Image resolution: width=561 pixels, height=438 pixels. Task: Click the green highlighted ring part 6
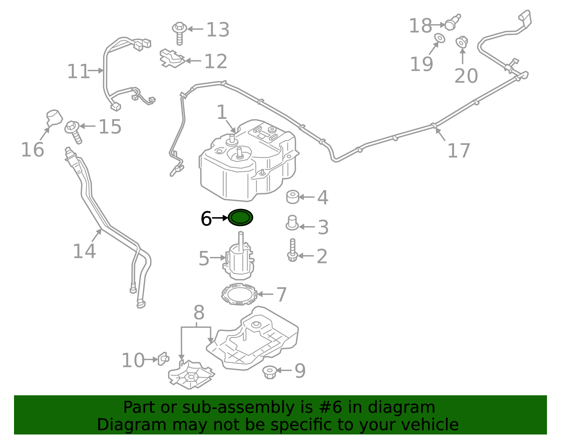(x=241, y=218)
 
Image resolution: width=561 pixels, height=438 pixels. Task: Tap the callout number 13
(x=218, y=29)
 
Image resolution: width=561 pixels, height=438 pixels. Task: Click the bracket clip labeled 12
(x=172, y=58)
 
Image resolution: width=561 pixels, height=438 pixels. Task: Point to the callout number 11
(x=78, y=72)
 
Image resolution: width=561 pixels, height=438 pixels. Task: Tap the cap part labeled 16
(x=54, y=117)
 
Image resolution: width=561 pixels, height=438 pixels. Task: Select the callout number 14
(x=84, y=251)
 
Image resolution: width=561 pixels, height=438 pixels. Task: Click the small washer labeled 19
(x=440, y=38)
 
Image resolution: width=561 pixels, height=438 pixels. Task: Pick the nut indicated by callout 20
(x=462, y=42)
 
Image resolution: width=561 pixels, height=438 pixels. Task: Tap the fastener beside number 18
(x=452, y=23)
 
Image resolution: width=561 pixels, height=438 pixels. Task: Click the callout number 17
(x=459, y=151)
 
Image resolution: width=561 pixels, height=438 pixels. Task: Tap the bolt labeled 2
(x=292, y=250)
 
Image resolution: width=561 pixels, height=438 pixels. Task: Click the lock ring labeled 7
(x=239, y=294)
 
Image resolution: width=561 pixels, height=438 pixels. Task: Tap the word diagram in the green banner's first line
(x=409, y=407)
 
